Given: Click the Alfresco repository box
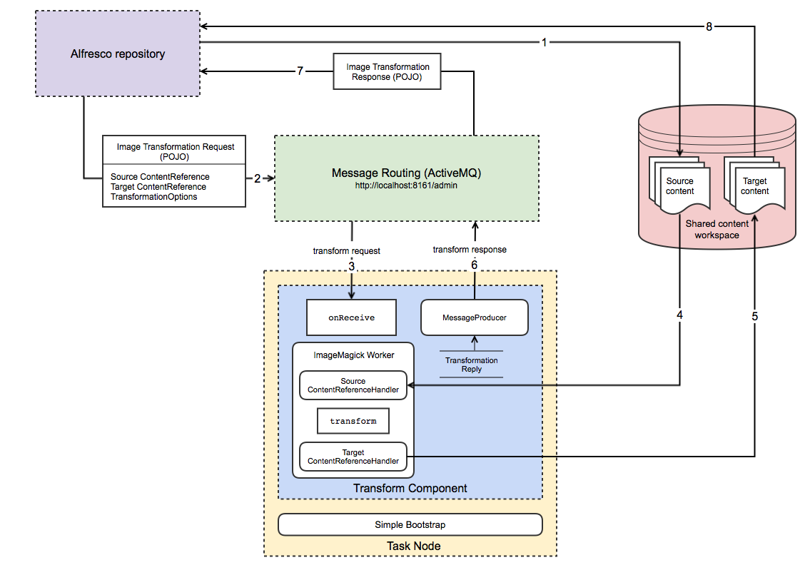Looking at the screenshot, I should pyautogui.click(x=118, y=54).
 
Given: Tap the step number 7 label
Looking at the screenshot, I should pyautogui.click(x=300, y=71).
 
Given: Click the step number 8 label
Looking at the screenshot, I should pyautogui.click(x=709, y=26).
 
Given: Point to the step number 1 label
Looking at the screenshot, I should pyautogui.click(x=544, y=42).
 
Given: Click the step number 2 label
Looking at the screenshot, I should pyautogui.click(x=257, y=178).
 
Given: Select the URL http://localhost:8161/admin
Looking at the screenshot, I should pyautogui.click(x=406, y=185).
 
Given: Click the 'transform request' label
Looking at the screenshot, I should pyautogui.click(x=346, y=250).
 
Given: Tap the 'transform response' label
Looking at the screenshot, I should pyautogui.click(x=470, y=250).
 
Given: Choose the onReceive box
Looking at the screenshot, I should pyautogui.click(x=351, y=317).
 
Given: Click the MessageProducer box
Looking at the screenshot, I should pyautogui.click(x=475, y=317).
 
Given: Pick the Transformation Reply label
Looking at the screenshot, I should pyautogui.click(x=471, y=365).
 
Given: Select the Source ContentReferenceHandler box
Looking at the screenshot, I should pyautogui.click(x=353, y=386).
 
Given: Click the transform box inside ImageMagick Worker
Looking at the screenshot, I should pyautogui.click(x=353, y=421).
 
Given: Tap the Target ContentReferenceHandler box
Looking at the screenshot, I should pyautogui.click(x=353, y=457).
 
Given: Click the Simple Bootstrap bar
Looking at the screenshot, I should pyautogui.click(x=410, y=524).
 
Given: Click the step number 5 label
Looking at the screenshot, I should pyautogui.click(x=755, y=316).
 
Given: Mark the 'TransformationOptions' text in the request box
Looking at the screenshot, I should pyautogui.click(x=154, y=197).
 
